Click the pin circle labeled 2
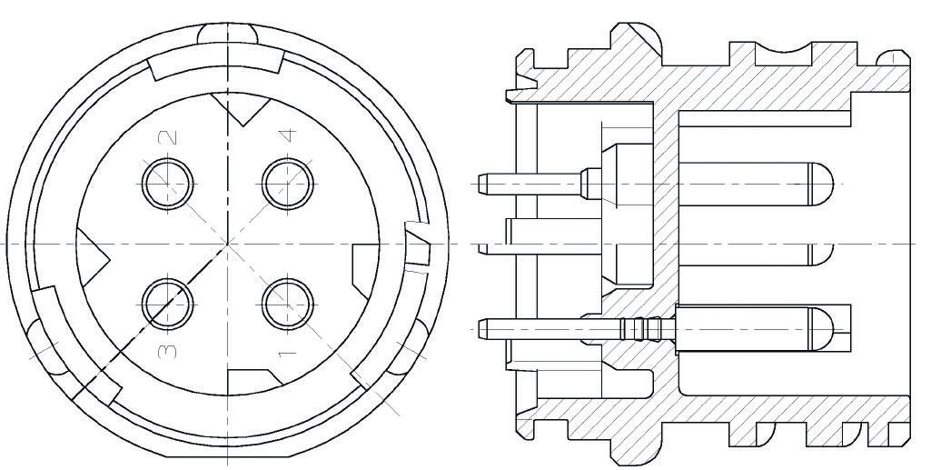(168, 183)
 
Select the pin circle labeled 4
(288, 183)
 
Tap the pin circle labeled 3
(168, 304)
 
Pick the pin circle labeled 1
(288, 304)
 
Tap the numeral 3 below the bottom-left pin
(168, 351)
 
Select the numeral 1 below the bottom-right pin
(287, 354)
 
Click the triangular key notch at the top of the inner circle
(242, 108)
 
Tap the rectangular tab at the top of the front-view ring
(216, 65)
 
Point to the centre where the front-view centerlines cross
(227, 244)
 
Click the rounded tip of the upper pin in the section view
(481, 185)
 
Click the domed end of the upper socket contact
(822, 185)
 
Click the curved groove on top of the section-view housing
(783, 48)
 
